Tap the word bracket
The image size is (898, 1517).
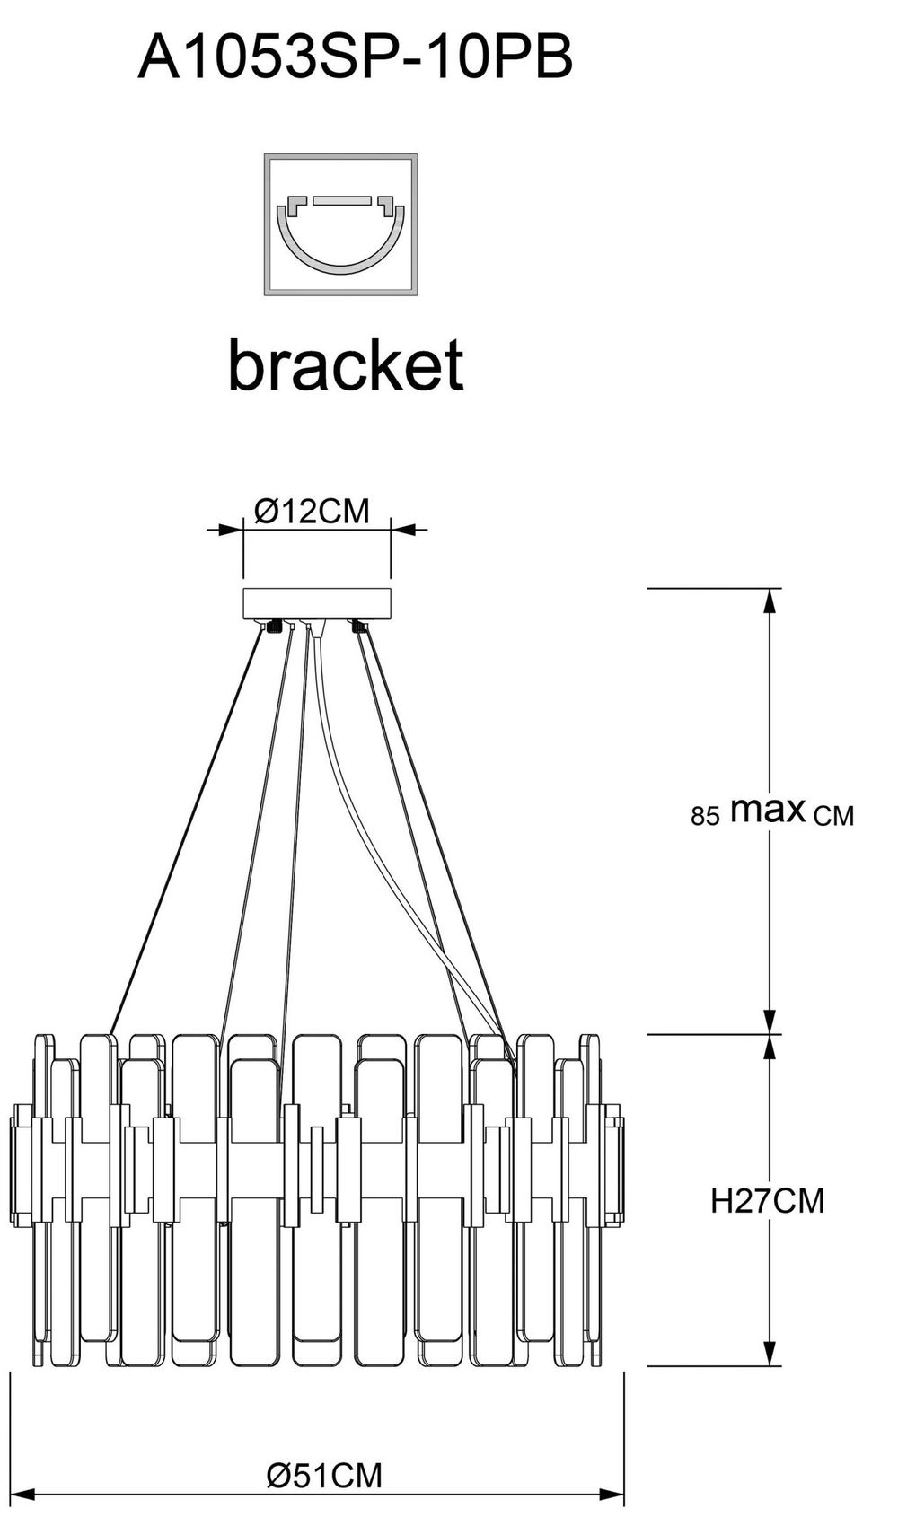tap(346, 364)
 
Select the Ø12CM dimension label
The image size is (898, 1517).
tap(312, 512)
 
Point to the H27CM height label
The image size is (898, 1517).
tap(767, 1201)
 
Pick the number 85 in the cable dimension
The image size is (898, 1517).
tap(705, 816)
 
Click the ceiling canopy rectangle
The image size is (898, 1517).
tap(317, 603)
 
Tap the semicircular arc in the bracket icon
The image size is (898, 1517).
tap(341, 241)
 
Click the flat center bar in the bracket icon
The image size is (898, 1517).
tap(341, 201)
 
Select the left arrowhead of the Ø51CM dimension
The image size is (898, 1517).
tap(22, 1493)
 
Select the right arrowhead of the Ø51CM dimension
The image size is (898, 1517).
tap(612, 1493)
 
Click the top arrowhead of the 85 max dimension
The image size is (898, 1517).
tap(769, 600)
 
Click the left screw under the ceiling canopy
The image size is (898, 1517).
tap(274, 627)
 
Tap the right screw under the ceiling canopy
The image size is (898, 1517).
tap(357, 627)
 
